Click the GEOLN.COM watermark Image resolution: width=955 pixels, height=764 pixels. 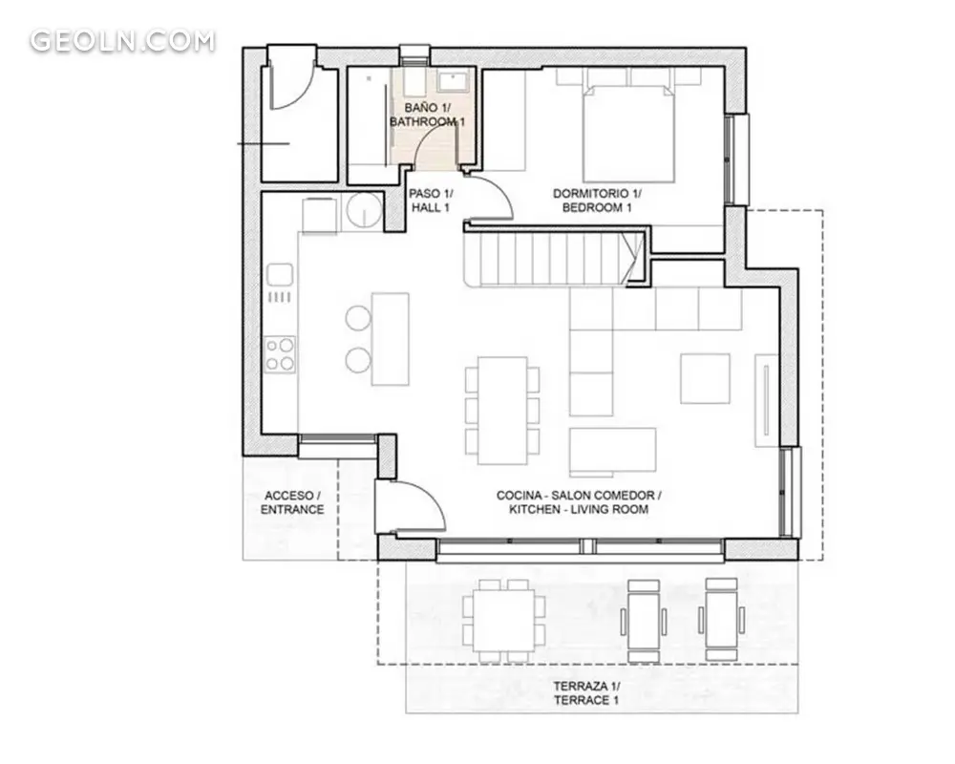(x=122, y=41)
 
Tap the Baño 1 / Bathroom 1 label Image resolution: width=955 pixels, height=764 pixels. (x=428, y=115)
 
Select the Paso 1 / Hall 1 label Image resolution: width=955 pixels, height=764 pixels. (x=431, y=201)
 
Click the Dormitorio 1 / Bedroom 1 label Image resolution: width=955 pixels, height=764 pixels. (x=597, y=201)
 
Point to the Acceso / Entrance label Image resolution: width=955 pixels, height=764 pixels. (x=292, y=502)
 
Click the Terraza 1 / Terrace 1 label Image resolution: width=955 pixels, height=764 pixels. (x=586, y=693)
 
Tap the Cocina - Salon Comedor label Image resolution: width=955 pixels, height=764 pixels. (x=579, y=496)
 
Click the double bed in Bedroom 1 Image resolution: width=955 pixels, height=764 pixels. (x=629, y=134)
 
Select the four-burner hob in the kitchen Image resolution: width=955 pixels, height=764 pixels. (x=280, y=354)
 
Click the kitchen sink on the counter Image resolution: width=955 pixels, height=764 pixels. (x=280, y=274)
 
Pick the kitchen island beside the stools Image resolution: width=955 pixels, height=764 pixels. (x=390, y=339)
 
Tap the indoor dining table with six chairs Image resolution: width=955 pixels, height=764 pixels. (x=502, y=410)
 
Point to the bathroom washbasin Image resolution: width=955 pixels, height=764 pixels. (x=453, y=81)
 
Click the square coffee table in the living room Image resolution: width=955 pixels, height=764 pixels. (x=705, y=378)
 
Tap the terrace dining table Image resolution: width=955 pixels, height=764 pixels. (x=503, y=621)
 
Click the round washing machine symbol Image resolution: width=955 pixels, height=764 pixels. (x=364, y=210)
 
